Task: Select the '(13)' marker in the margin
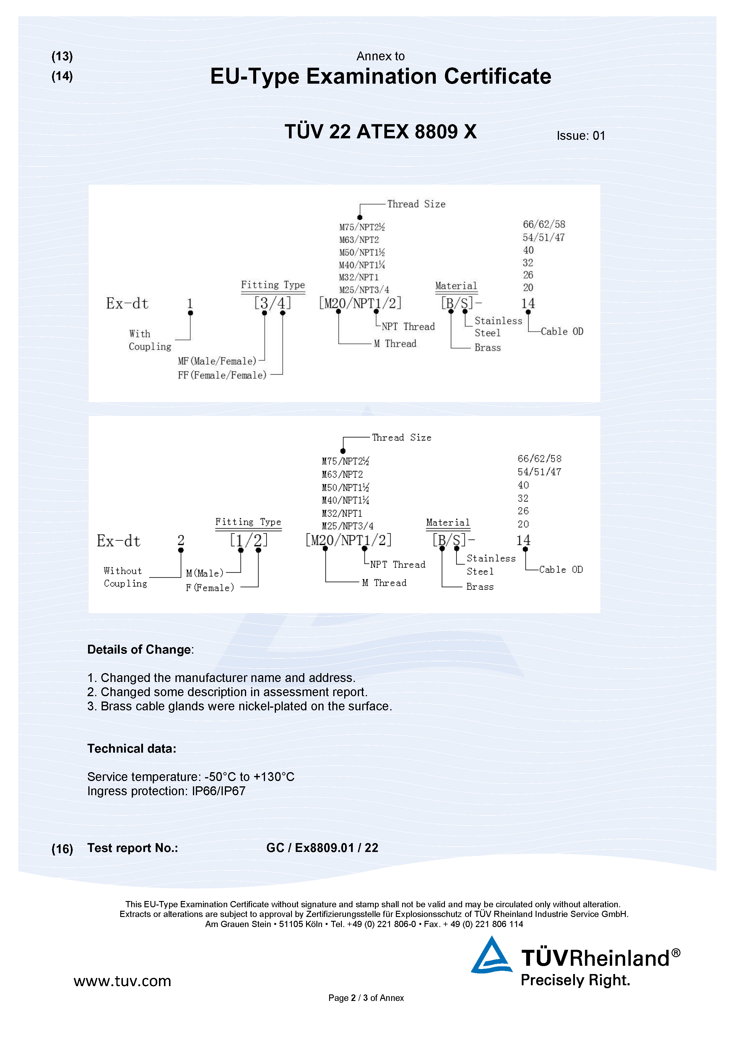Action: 62,56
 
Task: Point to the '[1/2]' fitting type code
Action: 249,540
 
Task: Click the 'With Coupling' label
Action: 149,340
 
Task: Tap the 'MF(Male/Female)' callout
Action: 217,361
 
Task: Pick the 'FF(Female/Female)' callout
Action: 222,375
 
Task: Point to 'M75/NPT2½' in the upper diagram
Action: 362,227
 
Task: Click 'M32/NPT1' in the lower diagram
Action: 342,513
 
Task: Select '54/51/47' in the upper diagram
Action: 543,238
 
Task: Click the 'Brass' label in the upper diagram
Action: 487,348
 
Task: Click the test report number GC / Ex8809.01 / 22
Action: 322,848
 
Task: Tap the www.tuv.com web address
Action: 122,981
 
